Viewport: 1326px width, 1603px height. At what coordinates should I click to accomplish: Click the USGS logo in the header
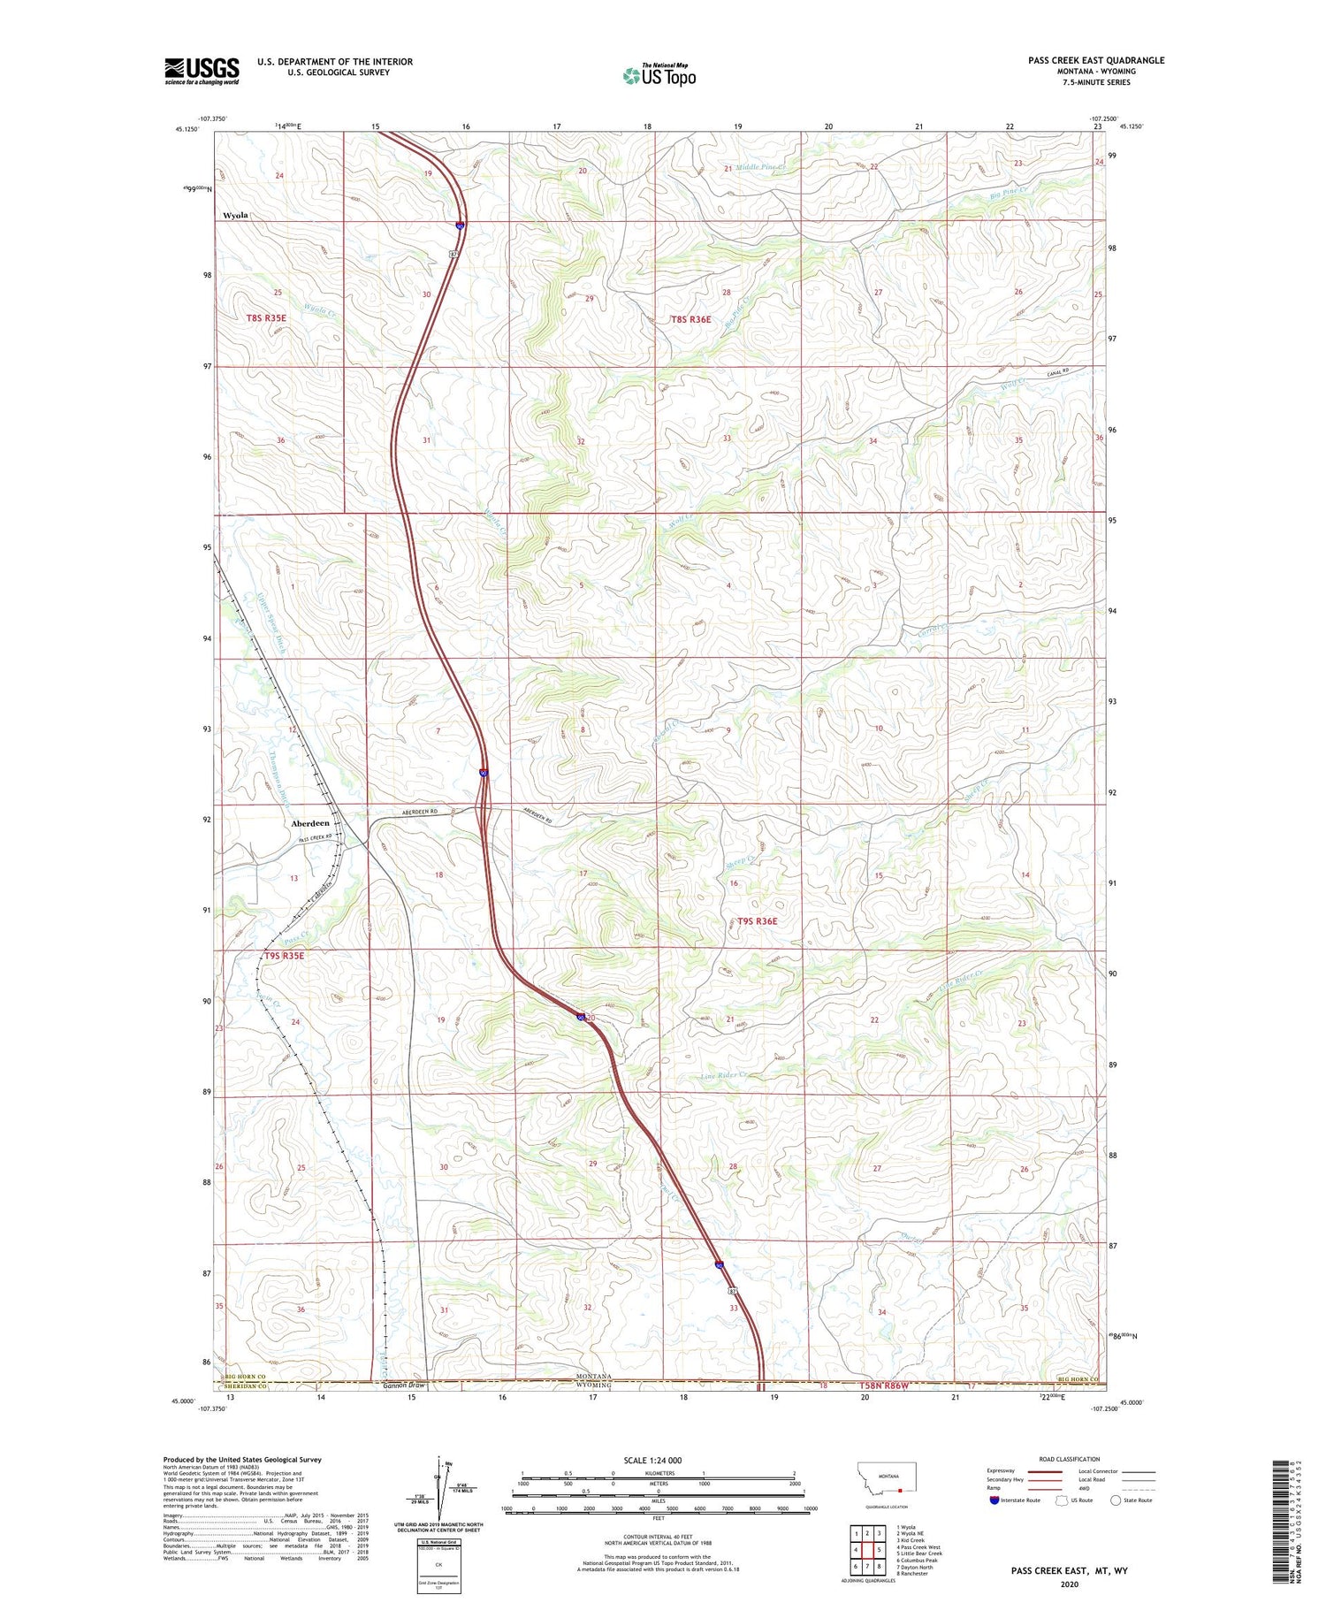click(202, 71)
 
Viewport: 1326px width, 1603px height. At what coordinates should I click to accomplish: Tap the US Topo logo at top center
click(659, 76)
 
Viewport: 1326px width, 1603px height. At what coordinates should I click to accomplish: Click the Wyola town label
click(236, 215)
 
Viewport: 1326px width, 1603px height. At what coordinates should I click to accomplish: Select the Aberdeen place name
click(310, 823)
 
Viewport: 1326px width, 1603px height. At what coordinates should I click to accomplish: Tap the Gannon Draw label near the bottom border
click(404, 1385)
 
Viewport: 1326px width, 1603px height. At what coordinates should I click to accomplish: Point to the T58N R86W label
click(885, 1385)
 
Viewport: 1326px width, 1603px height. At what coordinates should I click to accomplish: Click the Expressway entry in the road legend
click(1004, 1471)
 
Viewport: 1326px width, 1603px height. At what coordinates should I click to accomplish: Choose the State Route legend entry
click(1136, 1500)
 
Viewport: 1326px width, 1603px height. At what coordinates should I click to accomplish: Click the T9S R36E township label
click(758, 920)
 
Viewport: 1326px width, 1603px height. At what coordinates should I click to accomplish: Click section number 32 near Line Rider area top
click(581, 440)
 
